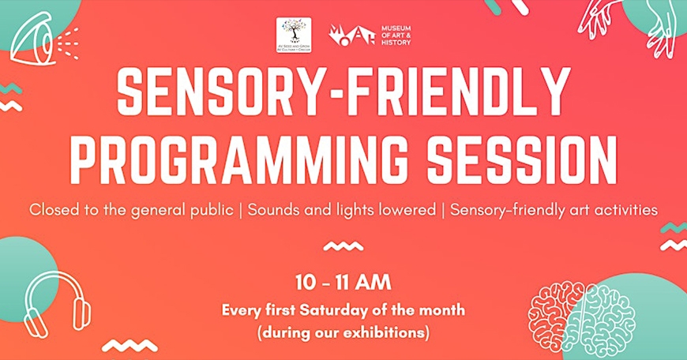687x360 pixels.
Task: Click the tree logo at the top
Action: pos(293,35)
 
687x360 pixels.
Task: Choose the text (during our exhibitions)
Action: pos(343,332)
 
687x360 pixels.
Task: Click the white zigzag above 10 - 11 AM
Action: pos(343,246)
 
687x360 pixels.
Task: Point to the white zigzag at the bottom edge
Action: pos(130,345)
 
